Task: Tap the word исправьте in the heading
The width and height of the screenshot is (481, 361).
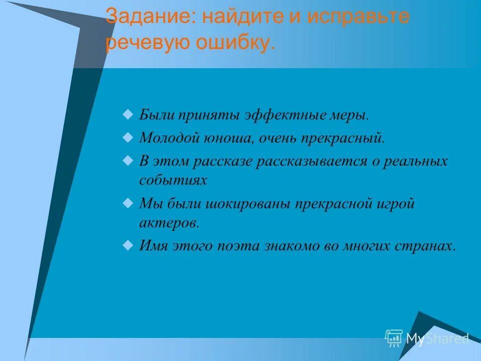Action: click(x=358, y=17)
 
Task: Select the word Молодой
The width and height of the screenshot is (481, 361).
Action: click(x=170, y=137)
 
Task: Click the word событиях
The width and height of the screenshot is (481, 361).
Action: click(x=173, y=180)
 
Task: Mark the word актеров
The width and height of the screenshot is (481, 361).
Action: click(x=169, y=223)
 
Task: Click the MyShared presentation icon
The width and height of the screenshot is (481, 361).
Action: click(x=394, y=338)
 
